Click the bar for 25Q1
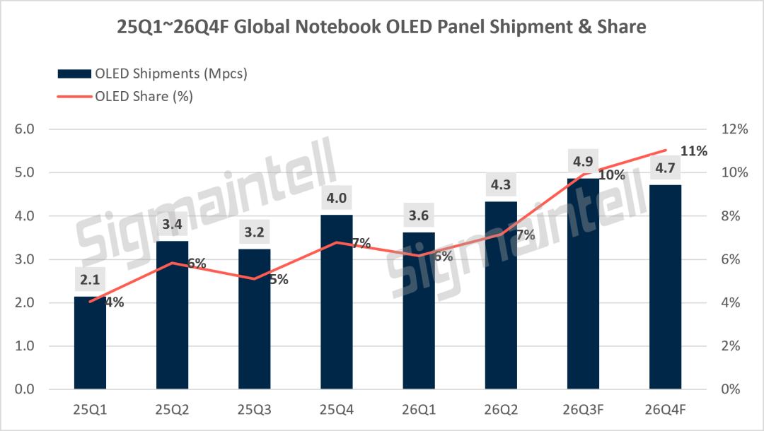coord(90,343)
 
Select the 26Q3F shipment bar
coord(583,283)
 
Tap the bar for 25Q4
coord(337,302)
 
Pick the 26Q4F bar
coord(665,287)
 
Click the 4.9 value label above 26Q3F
coord(583,162)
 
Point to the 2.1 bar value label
coord(90,280)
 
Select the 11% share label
coord(694,151)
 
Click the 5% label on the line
coord(279,280)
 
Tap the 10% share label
coord(612,175)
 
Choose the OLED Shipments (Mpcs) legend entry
coord(152,73)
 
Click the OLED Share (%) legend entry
coord(125,96)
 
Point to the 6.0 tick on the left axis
coord(24,129)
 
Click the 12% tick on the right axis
coord(734,129)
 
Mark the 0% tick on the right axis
coord(730,389)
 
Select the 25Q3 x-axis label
coord(255,410)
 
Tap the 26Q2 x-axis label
coord(501,410)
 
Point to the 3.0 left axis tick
coord(24,259)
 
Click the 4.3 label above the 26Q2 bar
coord(500,185)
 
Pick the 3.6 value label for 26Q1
coord(419,215)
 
